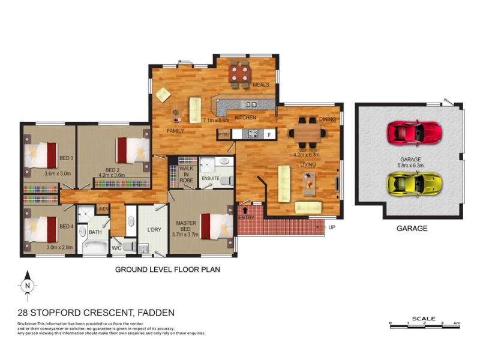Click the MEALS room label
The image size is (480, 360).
pyautogui.click(x=260, y=85)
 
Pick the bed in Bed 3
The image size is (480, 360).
pyautogui.click(x=41, y=154)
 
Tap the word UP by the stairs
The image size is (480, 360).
pyautogui.click(x=331, y=228)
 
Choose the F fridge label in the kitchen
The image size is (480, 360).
pyautogui.click(x=269, y=134)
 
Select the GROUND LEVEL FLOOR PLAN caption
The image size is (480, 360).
pyautogui.click(x=167, y=270)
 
